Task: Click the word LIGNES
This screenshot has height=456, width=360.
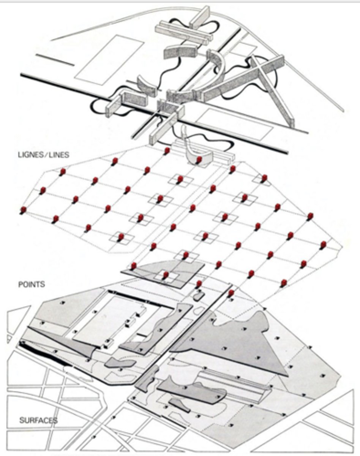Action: pos(30,155)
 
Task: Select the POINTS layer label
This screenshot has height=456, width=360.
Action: pos(32,284)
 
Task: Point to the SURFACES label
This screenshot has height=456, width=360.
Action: pos(38,420)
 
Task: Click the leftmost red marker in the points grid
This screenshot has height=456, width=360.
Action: pos(24,209)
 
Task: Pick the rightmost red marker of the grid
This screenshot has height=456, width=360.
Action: pos(323,244)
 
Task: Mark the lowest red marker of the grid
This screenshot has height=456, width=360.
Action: pos(231,293)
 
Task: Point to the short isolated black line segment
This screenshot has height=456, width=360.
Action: pos(54,60)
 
